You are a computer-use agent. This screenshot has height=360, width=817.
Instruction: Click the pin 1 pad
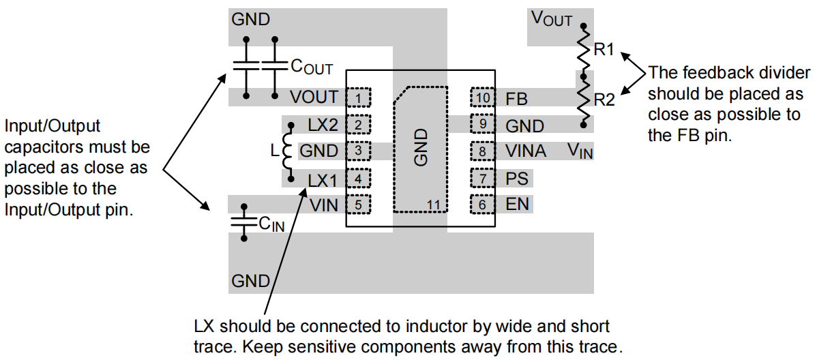pyautogui.click(x=358, y=97)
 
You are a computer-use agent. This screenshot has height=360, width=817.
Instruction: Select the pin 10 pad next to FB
pyautogui.click(x=481, y=97)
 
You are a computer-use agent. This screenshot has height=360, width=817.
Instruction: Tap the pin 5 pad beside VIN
pyautogui.click(x=358, y=205)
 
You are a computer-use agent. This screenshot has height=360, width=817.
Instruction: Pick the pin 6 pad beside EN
pyautogui.click(x=481, y=205)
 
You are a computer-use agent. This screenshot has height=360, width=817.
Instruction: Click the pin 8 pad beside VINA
pyautogui.click(x=481, y=151)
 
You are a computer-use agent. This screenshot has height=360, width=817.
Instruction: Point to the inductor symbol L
pyautogui.click(x=286, y=151)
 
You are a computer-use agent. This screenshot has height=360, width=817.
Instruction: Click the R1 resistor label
pyautogui.click(x=604, y=50)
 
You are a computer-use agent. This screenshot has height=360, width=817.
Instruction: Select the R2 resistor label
pyautogui.click(x=604, y=100)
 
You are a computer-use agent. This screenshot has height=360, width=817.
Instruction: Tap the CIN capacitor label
pyautogui.click(x=271, y=224)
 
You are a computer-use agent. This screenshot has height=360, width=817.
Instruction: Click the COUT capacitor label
pyautogui.click(x=311, y=66)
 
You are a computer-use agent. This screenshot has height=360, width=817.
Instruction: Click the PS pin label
pyautogui.click(x=517, y=179)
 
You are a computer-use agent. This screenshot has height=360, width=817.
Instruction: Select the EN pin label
pyautogui.click(x=517, y=205)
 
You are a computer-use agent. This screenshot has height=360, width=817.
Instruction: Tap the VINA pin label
pyautogui.click(x=526, y=151)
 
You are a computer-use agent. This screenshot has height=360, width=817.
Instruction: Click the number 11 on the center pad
pyautogui.click(x=434, y=205)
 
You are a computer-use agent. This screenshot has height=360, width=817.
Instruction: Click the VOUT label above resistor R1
pyautogui.click(x=551, y=19)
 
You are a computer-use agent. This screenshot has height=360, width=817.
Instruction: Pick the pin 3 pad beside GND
pyautogui.click(x=358, y=151)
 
